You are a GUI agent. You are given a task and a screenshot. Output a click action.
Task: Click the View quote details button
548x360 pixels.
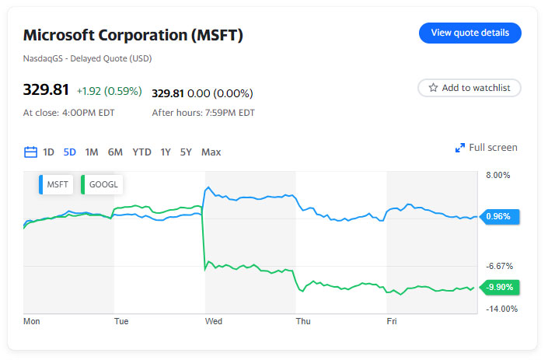pos(469,33)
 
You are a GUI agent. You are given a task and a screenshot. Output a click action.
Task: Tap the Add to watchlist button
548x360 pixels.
pos(469,88)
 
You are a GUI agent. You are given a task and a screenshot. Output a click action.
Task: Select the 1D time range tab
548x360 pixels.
pos(48,152)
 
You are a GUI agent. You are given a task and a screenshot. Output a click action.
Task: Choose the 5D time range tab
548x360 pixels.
pos(70,152)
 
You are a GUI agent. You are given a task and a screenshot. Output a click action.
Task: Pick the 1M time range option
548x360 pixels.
pos(92,152)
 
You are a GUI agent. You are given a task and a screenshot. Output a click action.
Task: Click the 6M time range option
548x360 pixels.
pos(115,152)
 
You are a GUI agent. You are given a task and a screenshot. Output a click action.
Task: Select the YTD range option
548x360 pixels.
pos(141,152)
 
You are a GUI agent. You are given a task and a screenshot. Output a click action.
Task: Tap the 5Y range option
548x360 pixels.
pos(186,152)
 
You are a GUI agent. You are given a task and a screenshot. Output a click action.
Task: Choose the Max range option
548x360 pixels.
pos(211,152)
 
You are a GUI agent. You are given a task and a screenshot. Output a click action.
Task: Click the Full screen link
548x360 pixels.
pos(486,148)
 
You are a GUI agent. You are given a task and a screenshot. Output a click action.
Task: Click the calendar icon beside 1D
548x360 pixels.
pos(31,152)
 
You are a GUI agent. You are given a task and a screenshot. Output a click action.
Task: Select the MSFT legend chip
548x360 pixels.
pos(54,185)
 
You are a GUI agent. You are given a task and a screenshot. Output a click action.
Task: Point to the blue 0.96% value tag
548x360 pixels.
pos(500,216)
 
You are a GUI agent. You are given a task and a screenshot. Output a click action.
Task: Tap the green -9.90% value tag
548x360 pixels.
pos(500,287)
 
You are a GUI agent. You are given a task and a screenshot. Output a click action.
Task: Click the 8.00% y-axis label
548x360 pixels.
pos(497,176)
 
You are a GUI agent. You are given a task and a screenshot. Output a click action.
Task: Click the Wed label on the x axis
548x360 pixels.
pos(213,320)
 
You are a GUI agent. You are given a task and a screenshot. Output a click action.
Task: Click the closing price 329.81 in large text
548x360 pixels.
pos(46,91)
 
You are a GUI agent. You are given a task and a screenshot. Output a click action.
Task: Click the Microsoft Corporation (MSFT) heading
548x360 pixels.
pos(133,35)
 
